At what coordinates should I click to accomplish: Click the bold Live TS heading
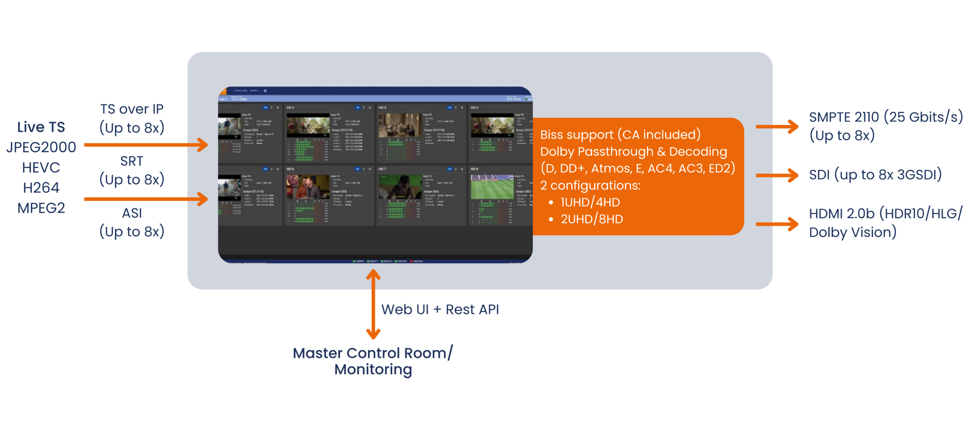(x=41, y=127)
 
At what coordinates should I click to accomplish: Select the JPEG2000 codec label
(x=41, y=147)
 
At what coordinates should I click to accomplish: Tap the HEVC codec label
(x=41, y=167)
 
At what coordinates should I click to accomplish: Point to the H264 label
(x=41, y=187)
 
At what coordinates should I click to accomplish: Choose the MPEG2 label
(x=41, y=208)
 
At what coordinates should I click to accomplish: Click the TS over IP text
(x=132, y=109)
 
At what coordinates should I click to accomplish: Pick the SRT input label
(x=132, y=161)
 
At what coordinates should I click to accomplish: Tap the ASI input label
(x=132, y=213)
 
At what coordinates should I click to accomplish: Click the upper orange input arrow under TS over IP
(x=146, y=145)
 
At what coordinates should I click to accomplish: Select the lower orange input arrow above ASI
(x=146, y=199)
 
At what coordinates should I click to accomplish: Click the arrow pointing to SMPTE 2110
(x=777, y=126)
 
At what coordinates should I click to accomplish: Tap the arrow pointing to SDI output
(x=777, y=175)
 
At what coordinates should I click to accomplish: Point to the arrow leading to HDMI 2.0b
(x=777, y=224)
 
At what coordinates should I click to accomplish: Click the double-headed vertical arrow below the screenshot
(x=373, y=304)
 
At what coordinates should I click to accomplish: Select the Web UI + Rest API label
(x=440, y=310)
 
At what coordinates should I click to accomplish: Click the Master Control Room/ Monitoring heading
(x=373, y=361)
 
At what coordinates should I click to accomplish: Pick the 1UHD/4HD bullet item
(x=590, y=202)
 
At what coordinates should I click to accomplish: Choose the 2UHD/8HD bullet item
(x=592, y=219)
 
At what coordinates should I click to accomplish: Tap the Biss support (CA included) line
(x=620, y=135)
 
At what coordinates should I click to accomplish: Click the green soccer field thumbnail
(x=492, y=187)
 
